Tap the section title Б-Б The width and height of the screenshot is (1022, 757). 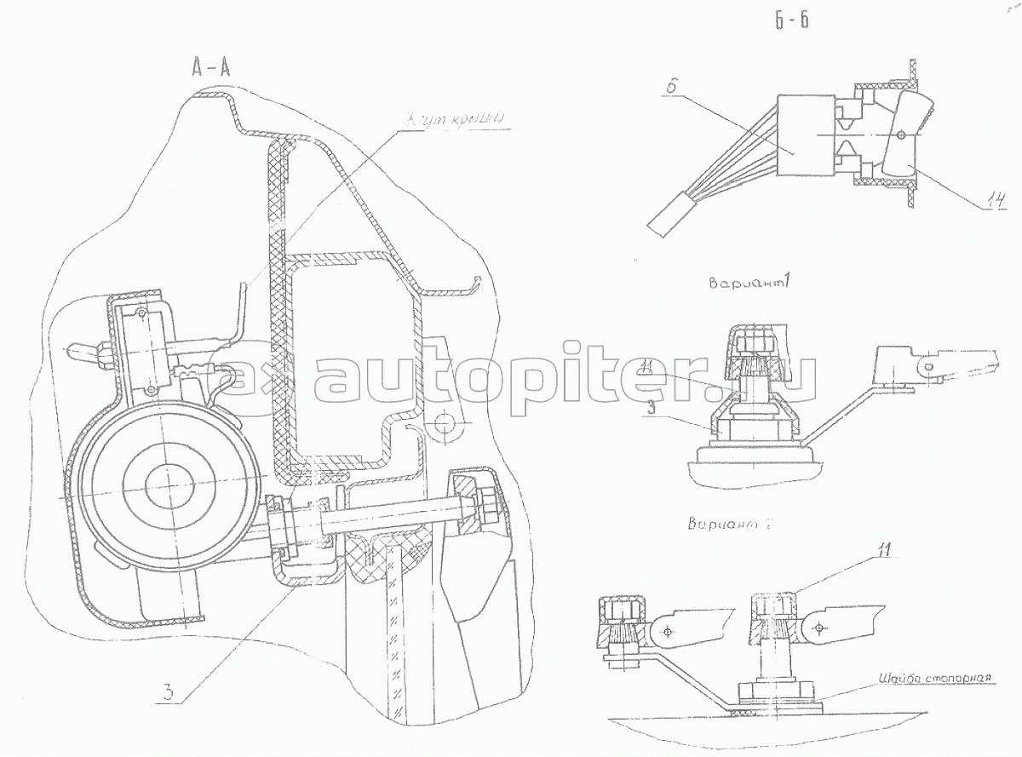coord(791,22)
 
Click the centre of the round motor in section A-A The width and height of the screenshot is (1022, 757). coord(171,486)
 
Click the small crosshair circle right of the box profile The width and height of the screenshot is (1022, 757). coord(443,423)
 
